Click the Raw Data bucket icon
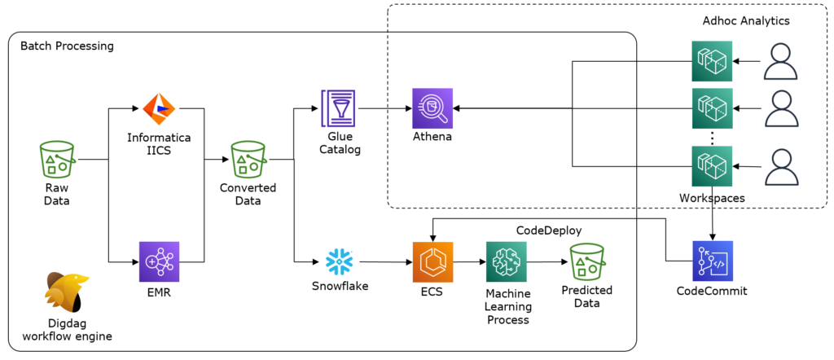pos(57,160)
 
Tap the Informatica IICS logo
pos(160,108)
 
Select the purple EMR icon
pos(160,261)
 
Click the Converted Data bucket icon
pos(248,160)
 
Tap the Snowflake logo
pos(340,261)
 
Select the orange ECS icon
pos(432,261)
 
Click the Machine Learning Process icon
pos(507,261)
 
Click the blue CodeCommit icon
pos(713,261)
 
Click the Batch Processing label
pos(67,46)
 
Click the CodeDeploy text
pos(549,230)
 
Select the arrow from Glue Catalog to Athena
pos(385,108)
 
